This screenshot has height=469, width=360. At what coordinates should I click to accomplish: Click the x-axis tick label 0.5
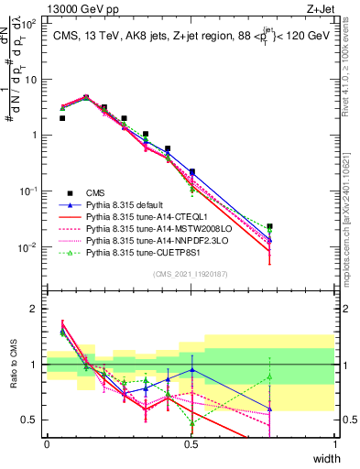191,444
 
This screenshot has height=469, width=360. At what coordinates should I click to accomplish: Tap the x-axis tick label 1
335,444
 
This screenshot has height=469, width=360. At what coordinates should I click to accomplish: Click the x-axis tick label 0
47,444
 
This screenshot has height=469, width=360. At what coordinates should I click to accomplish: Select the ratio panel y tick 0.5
32,420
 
